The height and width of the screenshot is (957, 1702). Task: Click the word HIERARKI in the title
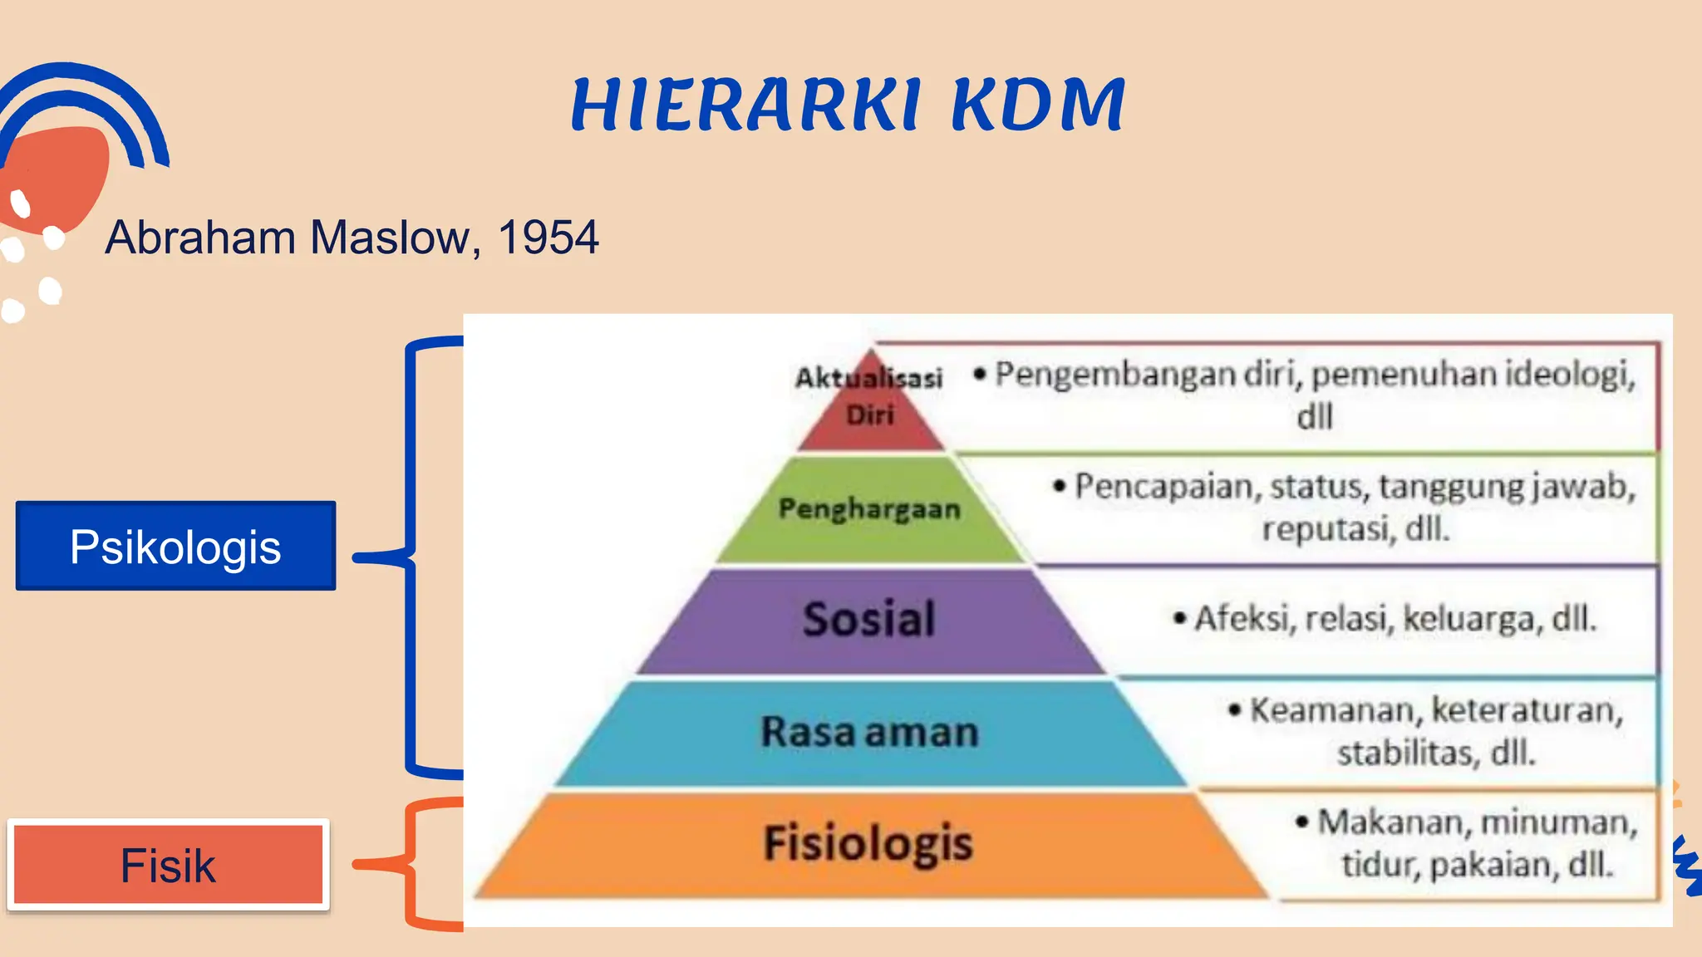(746, 105)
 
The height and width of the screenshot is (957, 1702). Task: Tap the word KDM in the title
(1038, 105)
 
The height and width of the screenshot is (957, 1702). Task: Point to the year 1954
(548, 238)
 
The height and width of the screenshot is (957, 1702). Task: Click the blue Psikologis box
(175, 546)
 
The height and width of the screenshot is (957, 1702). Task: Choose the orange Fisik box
(169, 865)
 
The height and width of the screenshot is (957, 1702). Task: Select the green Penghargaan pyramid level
(869, 508)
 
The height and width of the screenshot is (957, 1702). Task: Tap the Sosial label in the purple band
(869, 619)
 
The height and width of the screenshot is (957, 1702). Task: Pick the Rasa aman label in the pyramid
(869, 732)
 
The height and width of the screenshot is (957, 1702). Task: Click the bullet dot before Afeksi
(1179, 618)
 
